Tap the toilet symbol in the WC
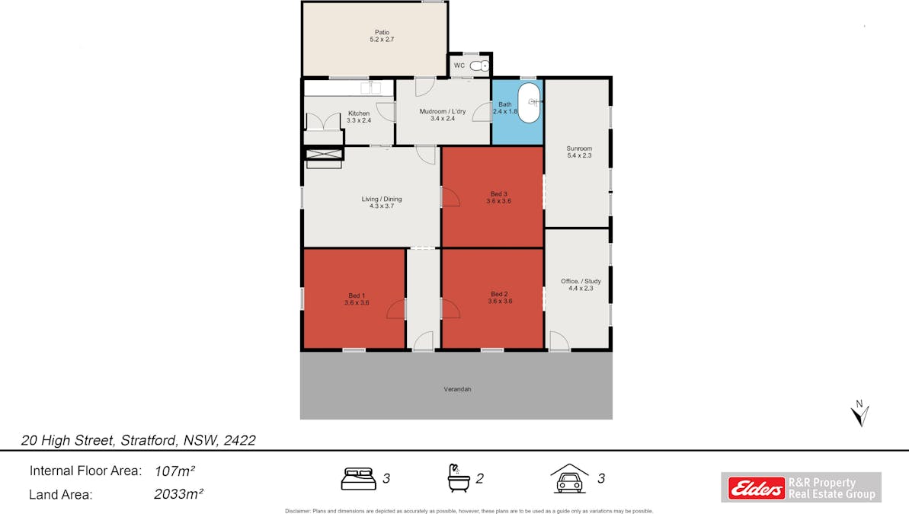pyautogui.click(x=479, y=66)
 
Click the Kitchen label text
pyautogui.click(x=358, y=117)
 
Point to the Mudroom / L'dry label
pyautogui.click(x=442, y=114)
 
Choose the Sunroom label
pyautogui.click(x=579, y=152)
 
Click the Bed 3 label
pyautogui.click(x=498, y=197)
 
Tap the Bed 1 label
pyautogui.click(x=357, y=299)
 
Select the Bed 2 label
pyautogui.click(x=499, y=297)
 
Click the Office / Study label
pyautogui.click(x=581, y=284)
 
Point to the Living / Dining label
pyautogui.click(x=381, y=203)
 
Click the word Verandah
pyautogui.click(x=457, y=389)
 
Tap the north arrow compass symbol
pyautogui.click(x=861, y=413)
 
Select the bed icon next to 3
pyautogui.click(x=357, y=479)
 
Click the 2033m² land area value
pyautogui.click(x=178, y=495)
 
